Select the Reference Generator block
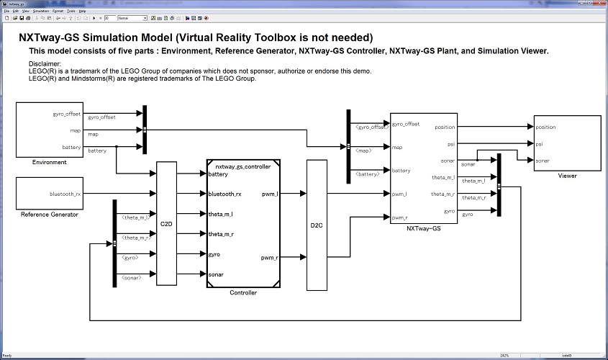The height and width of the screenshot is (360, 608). tap(50, 193)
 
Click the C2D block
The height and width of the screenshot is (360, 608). tap(166, 224)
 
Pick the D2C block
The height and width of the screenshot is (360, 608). tap(317, 224)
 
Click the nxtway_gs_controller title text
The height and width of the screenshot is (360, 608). tap(243, 166)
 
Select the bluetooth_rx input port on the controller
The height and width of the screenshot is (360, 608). tap(224, 194)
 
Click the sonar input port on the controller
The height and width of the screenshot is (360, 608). tap(216, 274)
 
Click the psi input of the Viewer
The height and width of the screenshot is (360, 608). tap(540, 144)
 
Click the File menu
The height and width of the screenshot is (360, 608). tap(6, 12)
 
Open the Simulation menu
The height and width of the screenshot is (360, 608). tap(40, 12)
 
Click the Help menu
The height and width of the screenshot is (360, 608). tap(82, 12)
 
